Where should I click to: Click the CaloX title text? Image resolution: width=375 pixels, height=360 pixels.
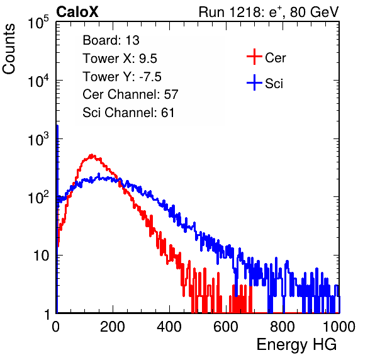(77, 12)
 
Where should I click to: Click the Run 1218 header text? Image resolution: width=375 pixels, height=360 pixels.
(269, 12)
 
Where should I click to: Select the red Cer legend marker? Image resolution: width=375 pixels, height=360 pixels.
(254, 57)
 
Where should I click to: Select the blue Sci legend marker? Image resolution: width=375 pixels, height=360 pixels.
(254, 82)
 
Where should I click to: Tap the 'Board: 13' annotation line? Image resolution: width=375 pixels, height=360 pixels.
(111, 40)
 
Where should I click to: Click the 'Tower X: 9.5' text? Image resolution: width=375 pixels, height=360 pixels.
(120, 59)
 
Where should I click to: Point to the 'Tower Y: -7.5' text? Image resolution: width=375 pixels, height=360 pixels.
(122, 77)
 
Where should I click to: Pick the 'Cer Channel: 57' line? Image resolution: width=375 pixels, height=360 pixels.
(130, 94)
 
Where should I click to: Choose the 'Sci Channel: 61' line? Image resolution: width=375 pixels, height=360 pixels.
(128, 113)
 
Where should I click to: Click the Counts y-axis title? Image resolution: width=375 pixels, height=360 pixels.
(9, 49)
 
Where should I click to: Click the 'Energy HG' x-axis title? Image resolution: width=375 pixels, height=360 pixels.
(296, 345)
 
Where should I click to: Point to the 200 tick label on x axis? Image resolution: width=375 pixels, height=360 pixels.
(113, 327)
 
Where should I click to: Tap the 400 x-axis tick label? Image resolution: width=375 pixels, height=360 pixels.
(169, 327)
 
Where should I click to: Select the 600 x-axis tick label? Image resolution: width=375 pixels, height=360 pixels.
(226, 327)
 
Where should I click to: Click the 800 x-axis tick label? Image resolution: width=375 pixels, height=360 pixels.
(283, 327)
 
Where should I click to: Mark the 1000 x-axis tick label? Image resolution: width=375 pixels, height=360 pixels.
(339, 327)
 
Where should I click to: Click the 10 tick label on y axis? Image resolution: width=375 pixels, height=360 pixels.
(41, 256)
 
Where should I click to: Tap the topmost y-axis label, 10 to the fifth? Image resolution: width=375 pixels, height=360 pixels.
(38, 22)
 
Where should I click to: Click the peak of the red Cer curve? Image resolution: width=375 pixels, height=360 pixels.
(92, 155)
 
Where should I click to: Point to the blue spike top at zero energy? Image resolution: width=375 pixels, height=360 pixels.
(57, 126)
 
